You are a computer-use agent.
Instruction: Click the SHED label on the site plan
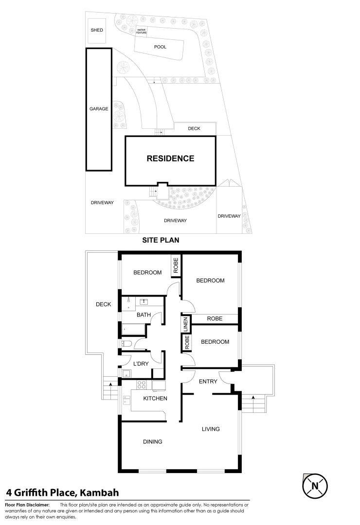click(x=97, y=30)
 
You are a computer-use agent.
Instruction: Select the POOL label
click(x=160, y=47)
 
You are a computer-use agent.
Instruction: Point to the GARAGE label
click(x=98, y=109)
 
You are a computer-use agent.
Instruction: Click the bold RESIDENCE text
click(x=170, y=158)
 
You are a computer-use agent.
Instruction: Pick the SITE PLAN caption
click(x=161, y=240)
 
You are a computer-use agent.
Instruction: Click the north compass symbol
click(x=315, y=485)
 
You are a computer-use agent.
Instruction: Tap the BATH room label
click(x=144, y=315)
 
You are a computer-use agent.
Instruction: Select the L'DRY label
click(x=141, y=363)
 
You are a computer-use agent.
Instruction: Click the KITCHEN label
click(x=155, y=399)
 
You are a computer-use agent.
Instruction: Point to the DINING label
click(x=152, y=442)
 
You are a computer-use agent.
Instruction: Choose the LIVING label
click(x=211, y=429)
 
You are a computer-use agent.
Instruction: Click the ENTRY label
click(x=208, y=382)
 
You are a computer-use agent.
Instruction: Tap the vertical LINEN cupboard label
click(x=185, y=325)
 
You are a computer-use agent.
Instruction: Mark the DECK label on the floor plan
click(x=103, y=304)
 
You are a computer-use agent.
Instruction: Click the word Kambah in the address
click(x=99, y=492)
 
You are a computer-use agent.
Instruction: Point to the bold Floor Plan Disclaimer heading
click(x=27, y=505)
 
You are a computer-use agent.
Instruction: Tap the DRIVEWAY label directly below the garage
click(x=102, y=203)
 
